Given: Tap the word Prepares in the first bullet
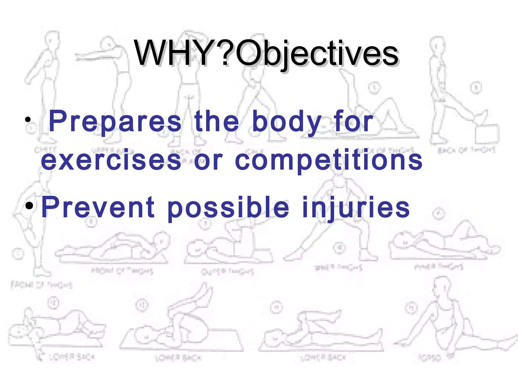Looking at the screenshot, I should [115, 121].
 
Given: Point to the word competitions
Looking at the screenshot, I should [329, 161].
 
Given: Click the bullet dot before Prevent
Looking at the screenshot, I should [29, 206].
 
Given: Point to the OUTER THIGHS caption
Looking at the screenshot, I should [227, 272].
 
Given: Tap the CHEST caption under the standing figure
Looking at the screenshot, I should [46, 150].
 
